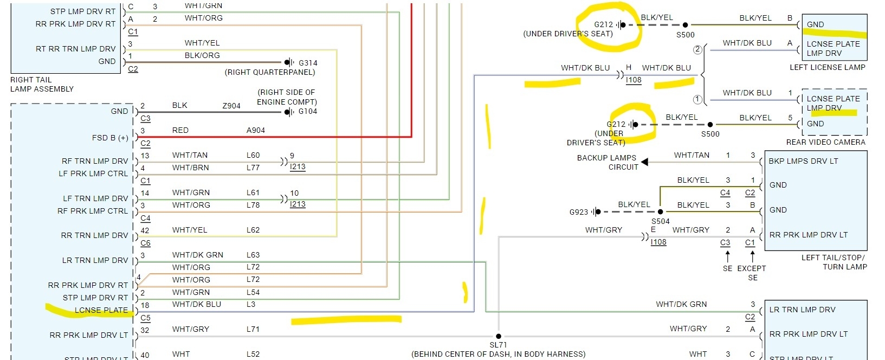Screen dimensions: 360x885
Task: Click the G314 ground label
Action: [308, 63]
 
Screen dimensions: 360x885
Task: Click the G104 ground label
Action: [308, 112]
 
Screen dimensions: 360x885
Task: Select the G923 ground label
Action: [578, 212]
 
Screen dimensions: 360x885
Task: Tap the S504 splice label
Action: [661, 221]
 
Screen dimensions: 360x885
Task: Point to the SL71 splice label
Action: [498, 345]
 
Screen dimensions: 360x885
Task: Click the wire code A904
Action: [256, 130]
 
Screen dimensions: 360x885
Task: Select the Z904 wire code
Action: [231, 106]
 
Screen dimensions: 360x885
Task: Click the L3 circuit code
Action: [251, 304]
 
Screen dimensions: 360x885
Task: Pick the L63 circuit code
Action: [253, 255]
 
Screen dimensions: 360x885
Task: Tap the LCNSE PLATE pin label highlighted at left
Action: [101, 311]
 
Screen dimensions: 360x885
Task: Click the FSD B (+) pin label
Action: [110, 138]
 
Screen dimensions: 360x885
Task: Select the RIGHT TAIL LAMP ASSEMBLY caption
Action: [42, 84]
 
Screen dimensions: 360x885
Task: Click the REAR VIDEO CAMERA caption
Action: [826, 142]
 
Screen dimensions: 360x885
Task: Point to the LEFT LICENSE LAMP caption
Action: [828, 67]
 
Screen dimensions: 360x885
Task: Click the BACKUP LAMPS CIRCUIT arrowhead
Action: [644, 162]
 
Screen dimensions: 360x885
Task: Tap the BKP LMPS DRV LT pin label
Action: [803, 161]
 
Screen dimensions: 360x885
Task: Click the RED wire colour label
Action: [180, 130]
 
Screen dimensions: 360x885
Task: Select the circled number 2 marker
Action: [697, 50]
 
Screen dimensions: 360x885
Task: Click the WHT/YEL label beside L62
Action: [190, 230]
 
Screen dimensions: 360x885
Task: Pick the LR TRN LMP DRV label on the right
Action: [802, 310]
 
